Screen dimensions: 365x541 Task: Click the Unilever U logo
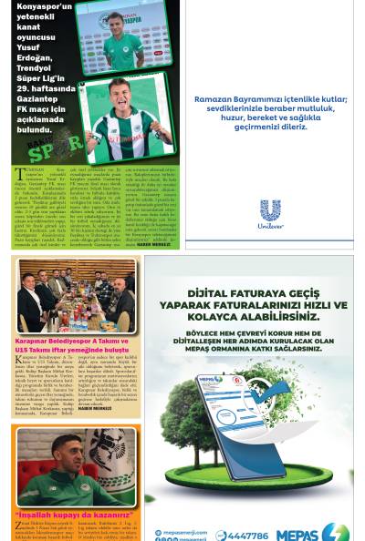click(x=270, y=209)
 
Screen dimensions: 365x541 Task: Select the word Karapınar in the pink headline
click(x=36, y=341)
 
